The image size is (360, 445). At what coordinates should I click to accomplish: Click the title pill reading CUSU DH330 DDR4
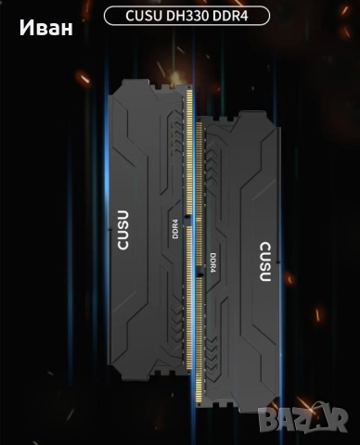[x=186, y=16]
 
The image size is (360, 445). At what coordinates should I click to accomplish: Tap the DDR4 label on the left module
[x=175, y=228]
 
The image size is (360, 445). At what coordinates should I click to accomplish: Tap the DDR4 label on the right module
[x=212, y=264]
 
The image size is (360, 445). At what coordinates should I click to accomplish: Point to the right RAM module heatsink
[x=246, y=269]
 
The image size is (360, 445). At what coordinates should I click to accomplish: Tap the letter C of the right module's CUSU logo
[x=265, y=283]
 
